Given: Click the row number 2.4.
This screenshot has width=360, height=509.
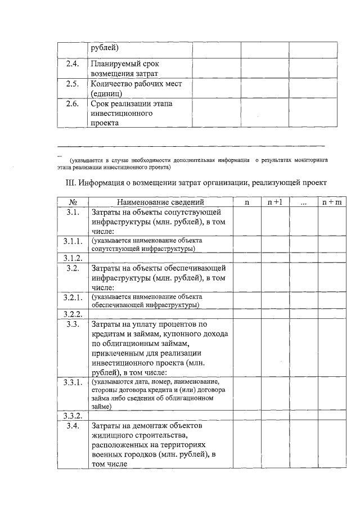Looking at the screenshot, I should [72, 64].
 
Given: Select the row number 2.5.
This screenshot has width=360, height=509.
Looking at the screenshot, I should [72, 84].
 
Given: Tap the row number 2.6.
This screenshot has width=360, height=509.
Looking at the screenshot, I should [72, 104].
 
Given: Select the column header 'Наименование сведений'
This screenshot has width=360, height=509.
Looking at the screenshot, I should [160, 202].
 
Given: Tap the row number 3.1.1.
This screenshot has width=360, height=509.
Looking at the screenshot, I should [74, 241].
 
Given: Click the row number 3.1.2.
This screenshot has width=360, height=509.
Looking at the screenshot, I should [74, 258].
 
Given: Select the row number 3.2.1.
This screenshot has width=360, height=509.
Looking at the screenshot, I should [74, 297].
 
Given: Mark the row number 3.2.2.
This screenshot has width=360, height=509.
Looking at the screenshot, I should [74, 314].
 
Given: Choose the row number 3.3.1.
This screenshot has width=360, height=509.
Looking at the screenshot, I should [74, 382].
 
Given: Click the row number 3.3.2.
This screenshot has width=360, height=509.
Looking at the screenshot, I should [74, 416].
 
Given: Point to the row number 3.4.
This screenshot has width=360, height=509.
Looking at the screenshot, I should [72, 426].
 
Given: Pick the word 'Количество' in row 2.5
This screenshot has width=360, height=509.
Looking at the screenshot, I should [111, 84].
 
